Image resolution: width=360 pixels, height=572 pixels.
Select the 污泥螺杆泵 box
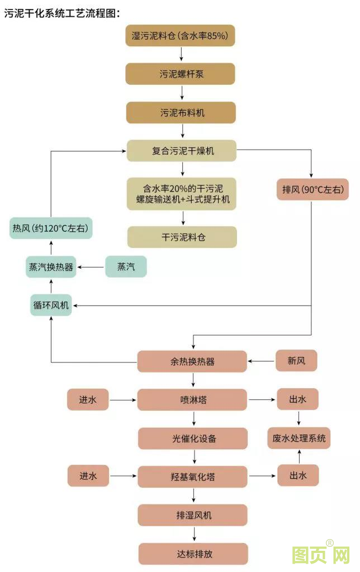181,74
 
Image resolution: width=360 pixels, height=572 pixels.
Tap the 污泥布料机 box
181,112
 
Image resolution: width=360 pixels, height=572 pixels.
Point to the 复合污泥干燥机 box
181,151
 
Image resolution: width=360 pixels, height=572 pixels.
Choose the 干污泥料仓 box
182,237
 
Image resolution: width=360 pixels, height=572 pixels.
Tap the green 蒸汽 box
126,267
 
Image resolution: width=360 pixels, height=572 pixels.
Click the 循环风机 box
51,305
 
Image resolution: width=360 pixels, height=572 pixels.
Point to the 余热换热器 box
192,361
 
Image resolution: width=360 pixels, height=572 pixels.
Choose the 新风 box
296,361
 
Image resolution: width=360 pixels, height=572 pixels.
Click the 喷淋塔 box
192,400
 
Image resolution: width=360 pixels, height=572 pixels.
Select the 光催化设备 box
193,438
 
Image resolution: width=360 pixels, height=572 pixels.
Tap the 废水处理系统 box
299,438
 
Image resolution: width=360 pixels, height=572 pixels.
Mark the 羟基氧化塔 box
193,476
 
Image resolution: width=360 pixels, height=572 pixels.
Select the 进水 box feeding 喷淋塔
88,400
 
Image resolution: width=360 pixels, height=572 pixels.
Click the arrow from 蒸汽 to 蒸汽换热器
91,268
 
